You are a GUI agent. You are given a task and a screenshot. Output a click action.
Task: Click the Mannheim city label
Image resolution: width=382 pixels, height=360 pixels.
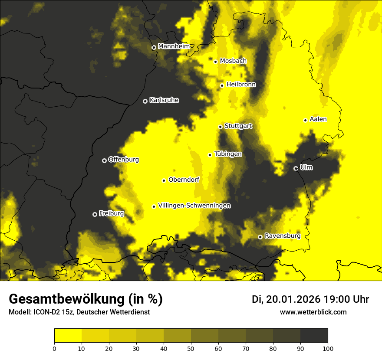[174, 46]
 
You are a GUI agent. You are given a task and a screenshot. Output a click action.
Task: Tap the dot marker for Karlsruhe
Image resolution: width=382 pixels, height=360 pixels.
[145, 101]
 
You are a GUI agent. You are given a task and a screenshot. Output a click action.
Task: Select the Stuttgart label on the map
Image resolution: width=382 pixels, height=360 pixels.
[238, 126]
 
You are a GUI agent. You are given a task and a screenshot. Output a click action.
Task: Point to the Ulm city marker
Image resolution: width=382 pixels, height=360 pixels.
[296, 168]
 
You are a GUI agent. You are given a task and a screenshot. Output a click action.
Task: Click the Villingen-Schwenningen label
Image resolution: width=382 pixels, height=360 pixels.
[194, 206]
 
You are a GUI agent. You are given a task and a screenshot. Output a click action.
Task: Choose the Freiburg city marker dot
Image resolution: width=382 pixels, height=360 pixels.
[95, 214]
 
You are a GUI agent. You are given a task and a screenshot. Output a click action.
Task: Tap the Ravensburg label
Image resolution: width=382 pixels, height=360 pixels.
[283, 236]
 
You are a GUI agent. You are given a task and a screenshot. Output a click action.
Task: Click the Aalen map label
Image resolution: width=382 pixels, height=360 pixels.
[318, 119]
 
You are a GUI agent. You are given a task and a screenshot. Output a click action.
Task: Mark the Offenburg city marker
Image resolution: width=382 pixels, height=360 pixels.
[104, 160]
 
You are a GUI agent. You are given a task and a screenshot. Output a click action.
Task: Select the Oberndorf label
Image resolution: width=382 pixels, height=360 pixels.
[184, 180]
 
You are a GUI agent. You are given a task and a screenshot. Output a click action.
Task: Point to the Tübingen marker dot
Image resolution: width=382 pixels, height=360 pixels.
[210, 155]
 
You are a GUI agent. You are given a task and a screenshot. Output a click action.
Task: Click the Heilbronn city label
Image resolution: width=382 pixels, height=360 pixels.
[241, 85]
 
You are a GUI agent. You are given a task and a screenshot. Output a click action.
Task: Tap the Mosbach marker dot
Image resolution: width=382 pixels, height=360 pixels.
[215, 62]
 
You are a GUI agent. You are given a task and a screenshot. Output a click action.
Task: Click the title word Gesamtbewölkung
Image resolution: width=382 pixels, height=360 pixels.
[65, 299]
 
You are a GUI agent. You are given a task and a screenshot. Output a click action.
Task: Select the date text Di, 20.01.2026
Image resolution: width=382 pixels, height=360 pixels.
[286, 299]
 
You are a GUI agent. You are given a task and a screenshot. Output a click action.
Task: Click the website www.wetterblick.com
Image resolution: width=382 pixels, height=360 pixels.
[313, 312]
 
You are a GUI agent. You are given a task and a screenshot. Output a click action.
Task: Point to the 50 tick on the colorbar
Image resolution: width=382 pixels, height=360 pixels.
[191, 348]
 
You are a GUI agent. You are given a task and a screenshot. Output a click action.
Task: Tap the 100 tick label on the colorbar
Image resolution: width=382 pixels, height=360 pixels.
[328, 348]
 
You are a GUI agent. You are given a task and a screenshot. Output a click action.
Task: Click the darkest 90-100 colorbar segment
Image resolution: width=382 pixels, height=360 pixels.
[314, 336]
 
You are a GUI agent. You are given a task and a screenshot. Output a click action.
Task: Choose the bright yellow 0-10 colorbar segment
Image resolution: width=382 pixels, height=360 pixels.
[68, 336]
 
